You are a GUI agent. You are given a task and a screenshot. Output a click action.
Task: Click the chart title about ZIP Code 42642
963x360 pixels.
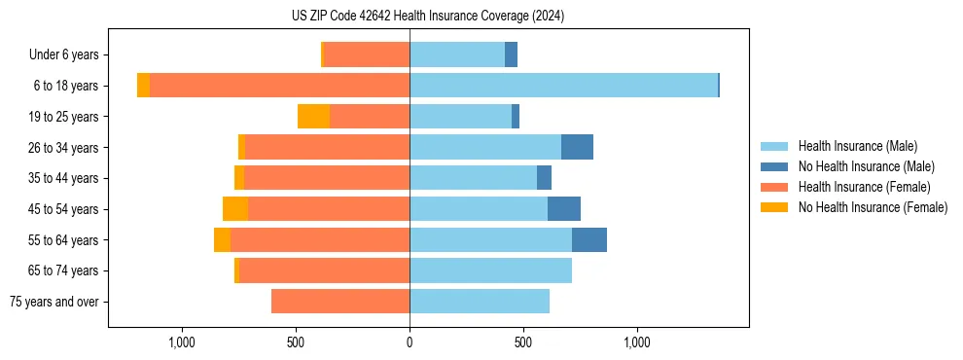click(428, 17)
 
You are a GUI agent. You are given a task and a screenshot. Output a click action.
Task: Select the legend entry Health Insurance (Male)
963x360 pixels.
click(856, 146)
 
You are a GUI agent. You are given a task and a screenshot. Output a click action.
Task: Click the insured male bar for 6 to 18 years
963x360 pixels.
click(563, 86)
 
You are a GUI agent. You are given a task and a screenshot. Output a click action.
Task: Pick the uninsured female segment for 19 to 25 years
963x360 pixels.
click(313, 117)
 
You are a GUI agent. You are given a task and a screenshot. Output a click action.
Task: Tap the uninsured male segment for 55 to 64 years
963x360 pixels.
click(589, 240)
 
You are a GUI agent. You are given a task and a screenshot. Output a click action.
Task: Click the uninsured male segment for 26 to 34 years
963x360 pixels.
click(577, 147)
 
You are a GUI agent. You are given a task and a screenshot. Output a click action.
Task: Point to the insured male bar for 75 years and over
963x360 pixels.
click(480, 302)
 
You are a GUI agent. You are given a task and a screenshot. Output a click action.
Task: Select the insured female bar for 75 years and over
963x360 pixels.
click(340, 302)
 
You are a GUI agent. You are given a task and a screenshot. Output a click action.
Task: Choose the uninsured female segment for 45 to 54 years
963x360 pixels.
click(235, 209)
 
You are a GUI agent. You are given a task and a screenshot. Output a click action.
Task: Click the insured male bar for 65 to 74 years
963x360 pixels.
click(490, 270)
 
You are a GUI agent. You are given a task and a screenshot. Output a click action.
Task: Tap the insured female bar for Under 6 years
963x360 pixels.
click(366, 54)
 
